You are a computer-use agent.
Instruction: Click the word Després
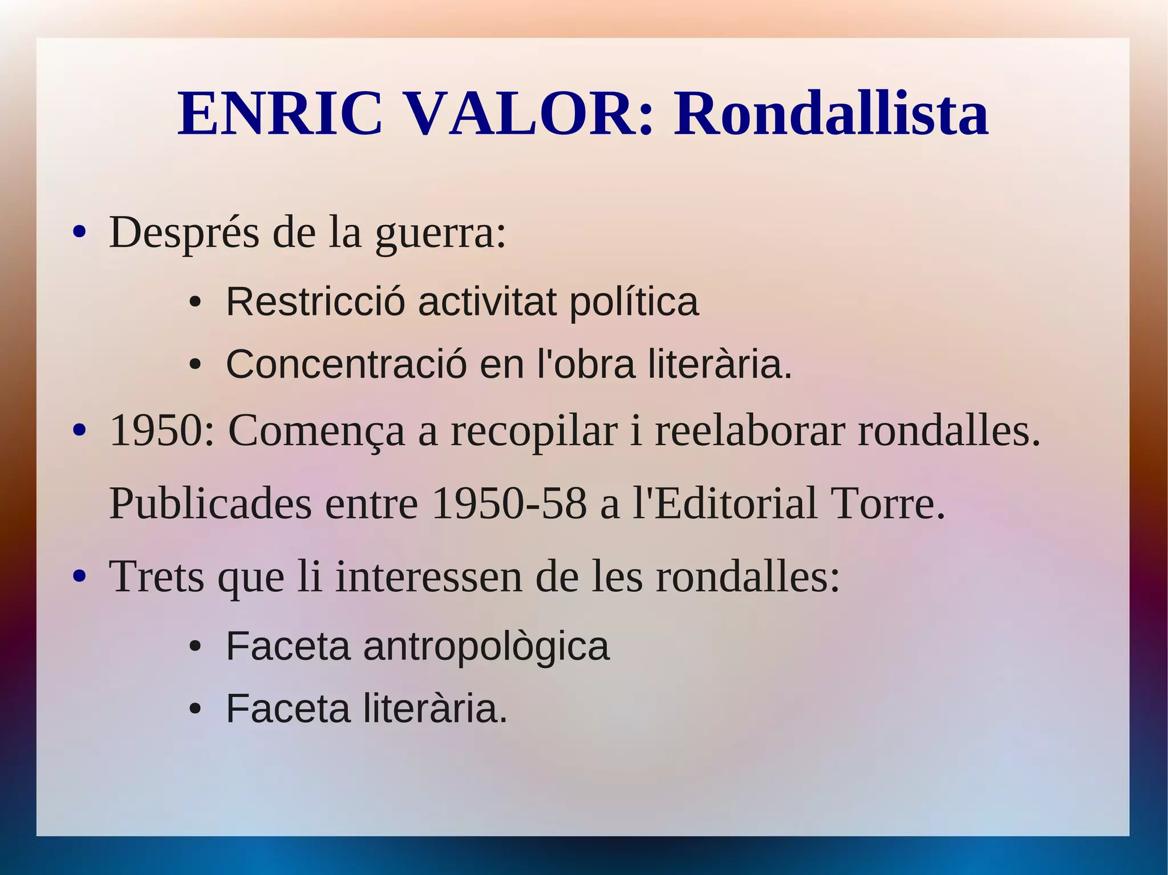tap(184, 233)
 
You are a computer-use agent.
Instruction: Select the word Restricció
tap(315, 302)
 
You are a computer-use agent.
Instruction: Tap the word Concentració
tap(346, 364)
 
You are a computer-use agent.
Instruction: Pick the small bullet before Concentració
tap(195, 365)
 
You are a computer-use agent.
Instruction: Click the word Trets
tap(156, 576)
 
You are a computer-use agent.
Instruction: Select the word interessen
tap(428, 576)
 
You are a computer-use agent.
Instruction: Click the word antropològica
tap(486, 648)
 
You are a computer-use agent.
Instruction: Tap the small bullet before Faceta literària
tap(195, 709)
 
